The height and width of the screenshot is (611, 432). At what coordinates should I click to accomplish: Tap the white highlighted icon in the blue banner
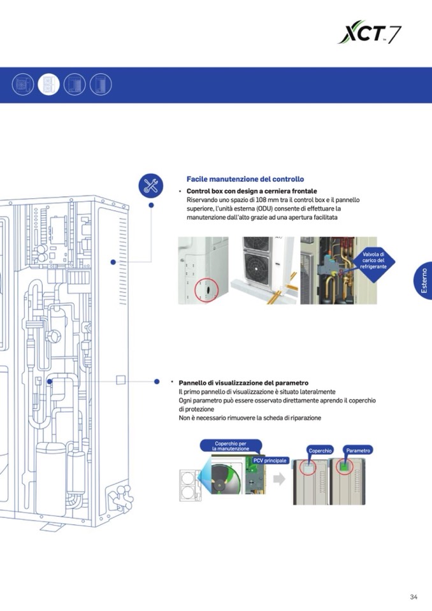(x=48, y=84)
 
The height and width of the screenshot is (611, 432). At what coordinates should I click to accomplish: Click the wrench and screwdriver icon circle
(x=151, y=185)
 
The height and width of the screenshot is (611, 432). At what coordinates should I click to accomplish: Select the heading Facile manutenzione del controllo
(x=245, y=180)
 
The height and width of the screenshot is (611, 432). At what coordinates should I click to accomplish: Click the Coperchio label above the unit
(x=320, y=450)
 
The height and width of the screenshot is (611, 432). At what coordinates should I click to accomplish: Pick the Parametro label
(x=357, y=450)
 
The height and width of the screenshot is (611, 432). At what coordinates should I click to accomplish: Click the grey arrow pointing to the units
(x=279, y=479)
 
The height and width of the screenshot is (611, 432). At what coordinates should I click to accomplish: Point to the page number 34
(x=414, y=597)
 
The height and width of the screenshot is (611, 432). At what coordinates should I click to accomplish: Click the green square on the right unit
(x=345, y=468)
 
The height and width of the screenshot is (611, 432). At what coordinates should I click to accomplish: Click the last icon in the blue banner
(x=101, y=84)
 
